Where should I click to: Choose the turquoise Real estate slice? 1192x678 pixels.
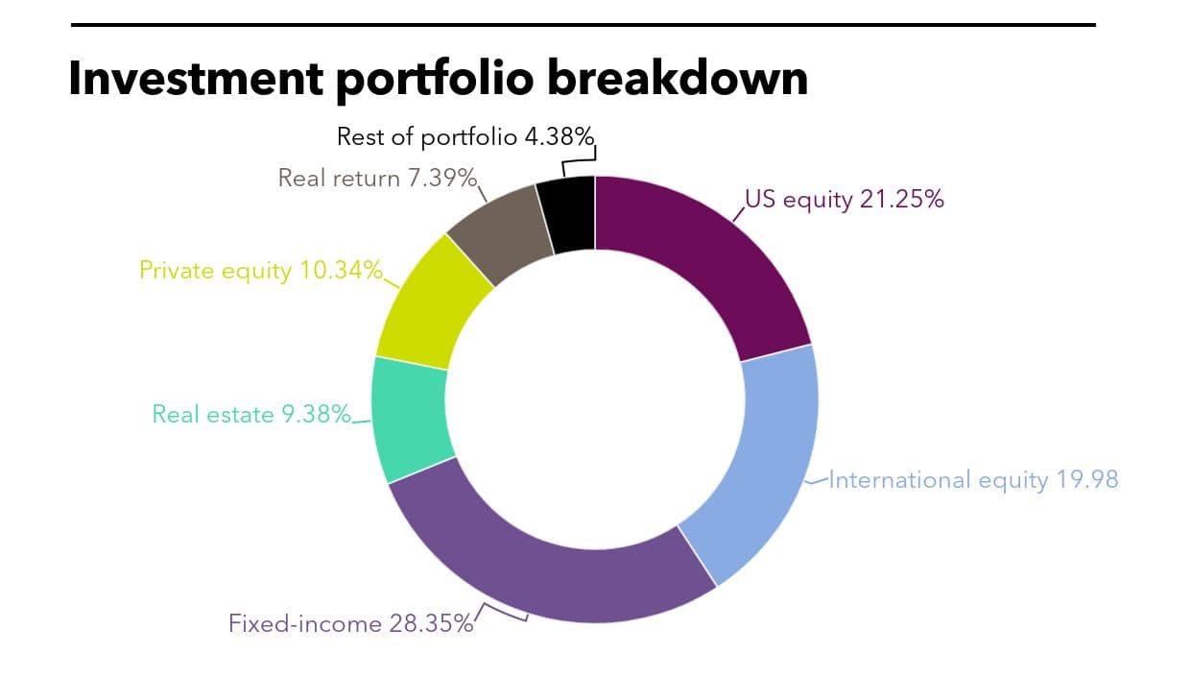(411, 418)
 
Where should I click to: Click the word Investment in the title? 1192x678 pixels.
(196, 79)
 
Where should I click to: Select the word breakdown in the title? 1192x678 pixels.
(678, 78)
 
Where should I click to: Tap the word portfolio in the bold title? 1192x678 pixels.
(435, 80)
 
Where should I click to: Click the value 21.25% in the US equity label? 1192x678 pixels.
(901, 199)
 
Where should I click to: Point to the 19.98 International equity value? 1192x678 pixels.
(1087, 479)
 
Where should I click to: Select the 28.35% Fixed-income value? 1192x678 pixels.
(431, 623)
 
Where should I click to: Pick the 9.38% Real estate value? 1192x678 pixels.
(316, 414)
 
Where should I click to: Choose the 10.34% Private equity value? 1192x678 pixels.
(341, 270)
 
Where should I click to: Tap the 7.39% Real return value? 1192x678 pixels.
(442, 178)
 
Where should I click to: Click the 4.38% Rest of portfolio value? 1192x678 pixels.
(560, 137)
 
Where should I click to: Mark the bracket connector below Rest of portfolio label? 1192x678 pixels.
(579, 159)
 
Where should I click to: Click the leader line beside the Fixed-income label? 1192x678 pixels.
(500, 613)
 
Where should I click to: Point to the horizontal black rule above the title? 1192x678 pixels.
(584, 25)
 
